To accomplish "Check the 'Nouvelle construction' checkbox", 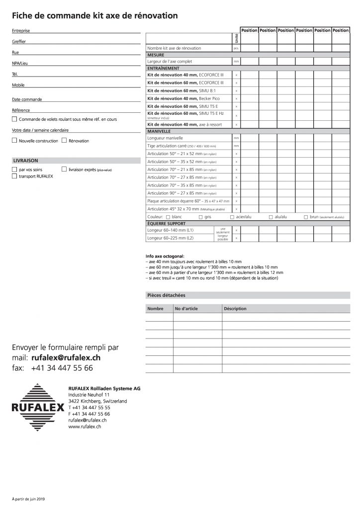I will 14,141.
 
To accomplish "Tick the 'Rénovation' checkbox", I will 64,141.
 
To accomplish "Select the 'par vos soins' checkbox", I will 14,170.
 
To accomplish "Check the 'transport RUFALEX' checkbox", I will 14,176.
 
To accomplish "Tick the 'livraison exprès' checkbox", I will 64,170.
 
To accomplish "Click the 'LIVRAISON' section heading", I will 25,161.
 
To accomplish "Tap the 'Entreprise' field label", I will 20,31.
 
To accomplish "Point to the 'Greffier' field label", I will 19,42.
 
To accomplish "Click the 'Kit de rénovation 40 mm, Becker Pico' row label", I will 179,99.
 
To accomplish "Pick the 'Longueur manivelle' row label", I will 166,138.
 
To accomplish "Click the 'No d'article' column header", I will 186,309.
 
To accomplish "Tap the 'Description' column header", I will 235,309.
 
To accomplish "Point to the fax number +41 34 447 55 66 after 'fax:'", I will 62,368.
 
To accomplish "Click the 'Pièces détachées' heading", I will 167,295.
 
